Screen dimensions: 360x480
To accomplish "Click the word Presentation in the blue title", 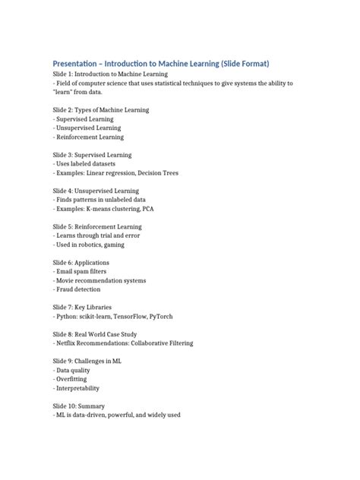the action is pyautogui.click(x=77, y=63).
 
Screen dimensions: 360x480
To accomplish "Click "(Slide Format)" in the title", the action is pyautogui.click(x=242, y=63).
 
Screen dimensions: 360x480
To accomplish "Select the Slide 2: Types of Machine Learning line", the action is pyautogui.click(x=101, y=110).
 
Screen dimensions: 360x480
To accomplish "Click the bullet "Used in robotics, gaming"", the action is pyautogui.click(x=90, y=245).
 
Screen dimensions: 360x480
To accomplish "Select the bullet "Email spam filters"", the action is pyautogui.click(x=81, y=271).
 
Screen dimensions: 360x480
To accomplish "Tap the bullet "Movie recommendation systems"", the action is pyautogui.click(x=99, y=280).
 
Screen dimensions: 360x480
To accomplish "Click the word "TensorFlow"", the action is pyautogui.click(x=148, y=316).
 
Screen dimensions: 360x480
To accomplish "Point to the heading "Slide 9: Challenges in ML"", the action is pyautogui.click(x=87, y=361).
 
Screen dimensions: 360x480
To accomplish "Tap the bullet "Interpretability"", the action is pyautogui.click(x=80, y=388).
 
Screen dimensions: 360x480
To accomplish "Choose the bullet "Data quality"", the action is pyautogui.click(x=75, y=370).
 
